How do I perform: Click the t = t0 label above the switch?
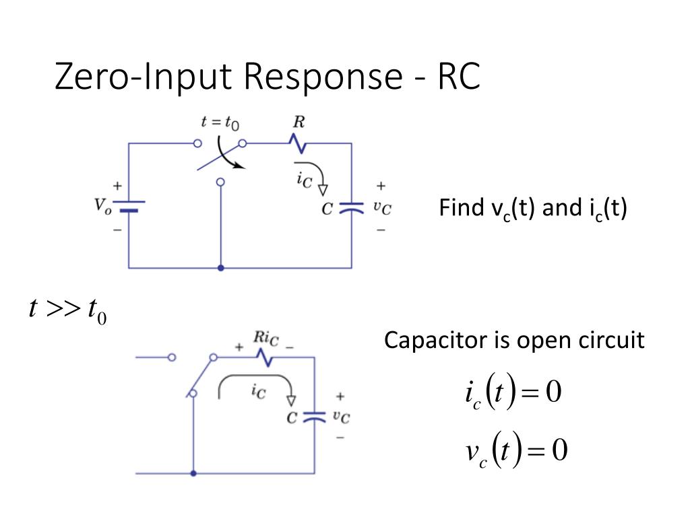[220, 123]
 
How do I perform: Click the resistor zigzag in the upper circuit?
[297, 143]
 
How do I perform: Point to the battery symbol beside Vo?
[128, 206]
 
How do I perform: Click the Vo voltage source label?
[102, 207]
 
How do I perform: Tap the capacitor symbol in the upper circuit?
[351, 208]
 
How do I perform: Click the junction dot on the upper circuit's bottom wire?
[221, 268]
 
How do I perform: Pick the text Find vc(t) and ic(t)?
[533, 209]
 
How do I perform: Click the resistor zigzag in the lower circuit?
[267, 357]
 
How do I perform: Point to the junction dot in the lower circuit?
[193, 473]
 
